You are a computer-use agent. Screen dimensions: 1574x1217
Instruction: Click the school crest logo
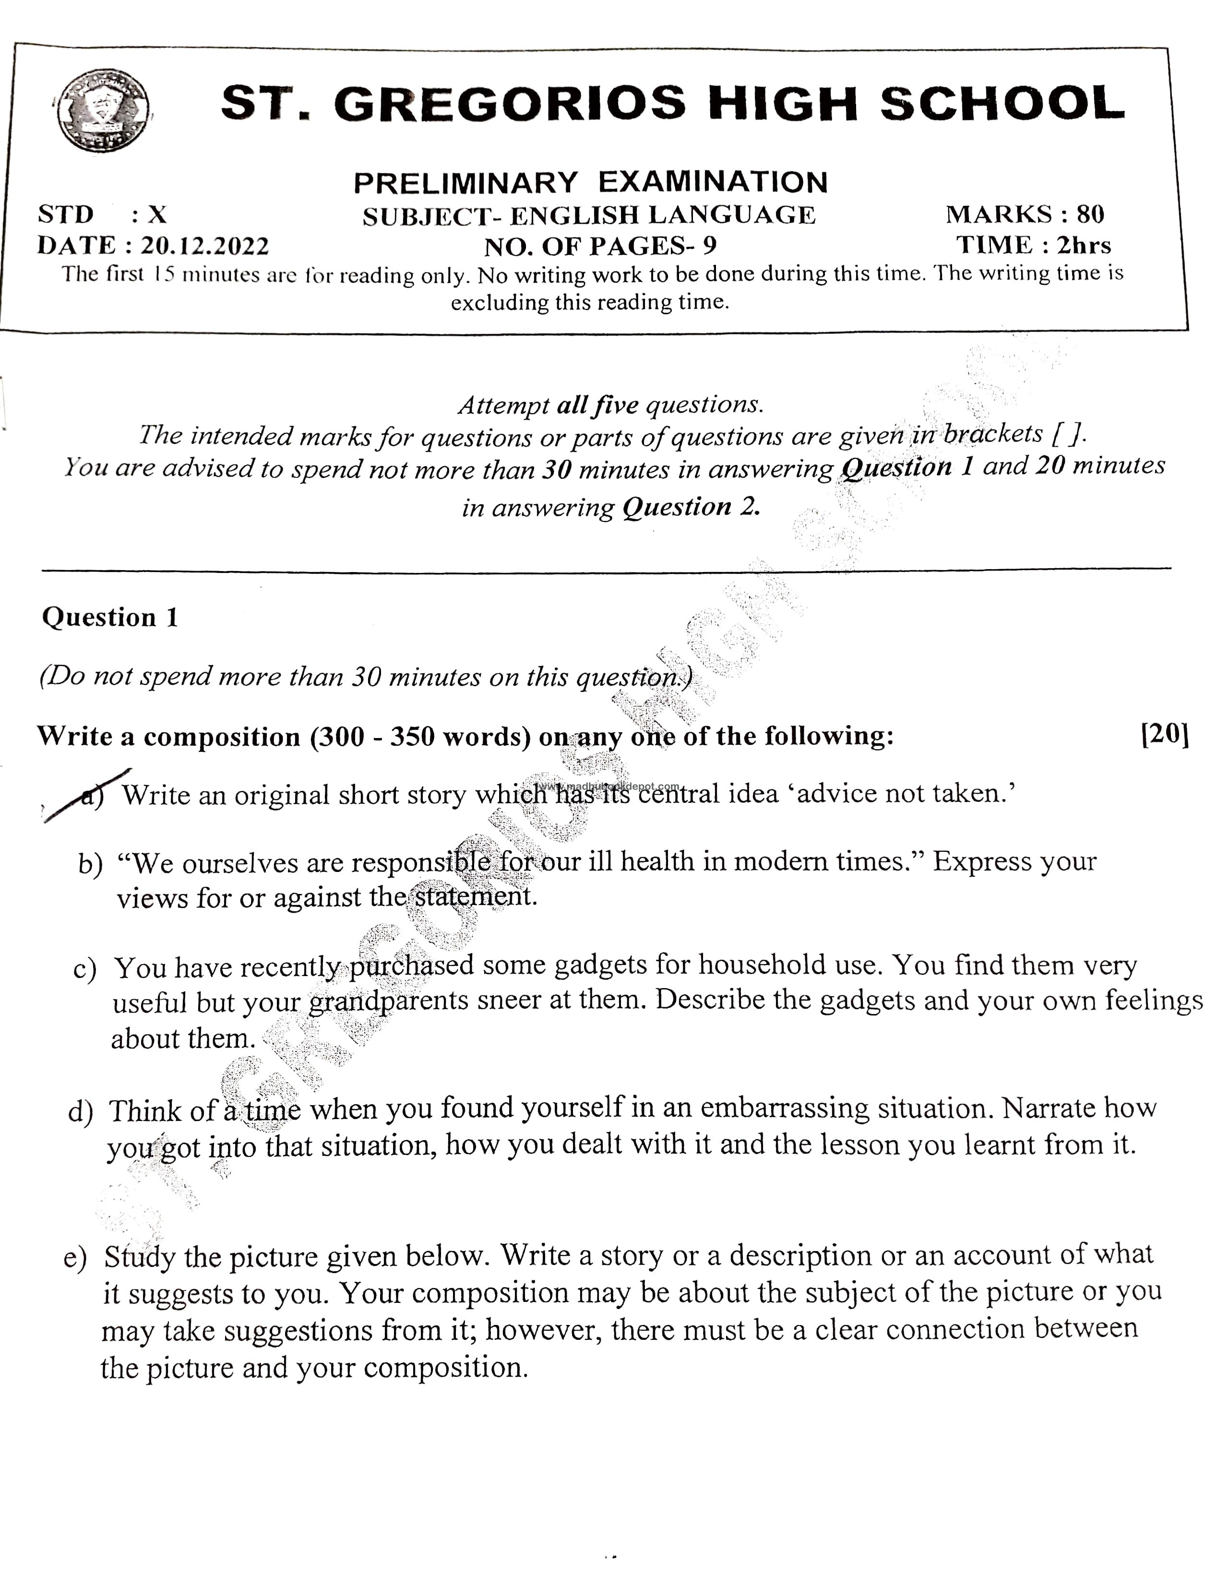104,110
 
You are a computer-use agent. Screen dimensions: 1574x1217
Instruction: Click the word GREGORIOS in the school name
510,103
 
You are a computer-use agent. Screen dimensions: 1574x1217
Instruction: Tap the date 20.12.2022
204,247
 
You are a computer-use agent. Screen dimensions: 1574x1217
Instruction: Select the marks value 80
1090,214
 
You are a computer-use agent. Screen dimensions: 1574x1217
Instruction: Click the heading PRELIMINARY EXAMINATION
590,182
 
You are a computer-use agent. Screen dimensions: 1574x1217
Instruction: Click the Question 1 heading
109,618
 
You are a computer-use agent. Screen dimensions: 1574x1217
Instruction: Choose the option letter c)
84,968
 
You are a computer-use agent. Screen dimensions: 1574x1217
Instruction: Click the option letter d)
80,1111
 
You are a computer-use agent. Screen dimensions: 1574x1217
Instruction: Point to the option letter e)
75,1258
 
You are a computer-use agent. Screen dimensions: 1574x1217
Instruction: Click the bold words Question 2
691,507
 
